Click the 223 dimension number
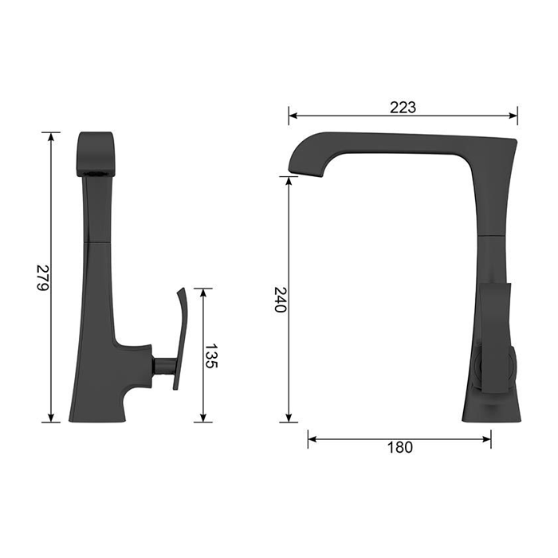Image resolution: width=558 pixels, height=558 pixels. tap(403, 107)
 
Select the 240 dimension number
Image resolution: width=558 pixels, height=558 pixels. tap(281, 299)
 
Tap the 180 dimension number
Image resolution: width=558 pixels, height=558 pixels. tap(399, 447)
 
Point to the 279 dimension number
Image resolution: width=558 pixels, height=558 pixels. tap(43, 277)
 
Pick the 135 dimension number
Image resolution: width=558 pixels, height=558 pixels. tap(211, 356)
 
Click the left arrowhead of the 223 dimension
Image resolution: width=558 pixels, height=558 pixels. tap(293, 116)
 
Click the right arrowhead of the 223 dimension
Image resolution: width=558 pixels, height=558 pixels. tap(513, 116)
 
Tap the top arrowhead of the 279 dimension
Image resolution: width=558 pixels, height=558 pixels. tap(51, 136)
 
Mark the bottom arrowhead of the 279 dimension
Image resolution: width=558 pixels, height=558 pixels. tap(51, 418)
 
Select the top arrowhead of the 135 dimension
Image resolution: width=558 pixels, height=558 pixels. tap(203, 293)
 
